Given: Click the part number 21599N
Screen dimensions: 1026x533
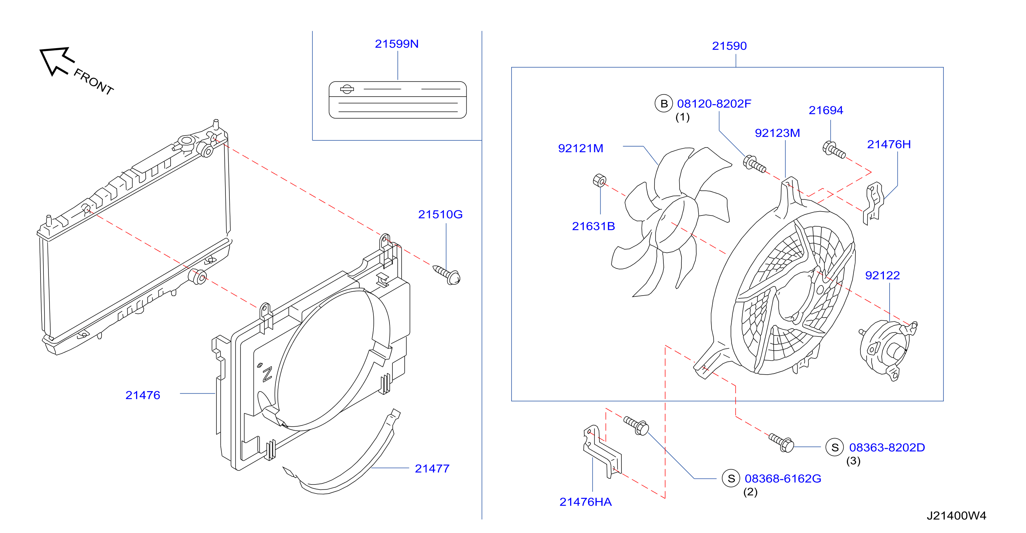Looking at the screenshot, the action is tap(396, 44).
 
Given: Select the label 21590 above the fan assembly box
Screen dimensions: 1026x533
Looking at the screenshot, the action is tap(729, 46).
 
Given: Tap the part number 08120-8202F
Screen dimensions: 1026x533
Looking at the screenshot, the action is tap(714, 103).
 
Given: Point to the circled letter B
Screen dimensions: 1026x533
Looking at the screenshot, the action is tap(663, 103).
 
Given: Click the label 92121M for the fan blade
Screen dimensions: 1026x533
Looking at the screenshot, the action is tap(580, 148).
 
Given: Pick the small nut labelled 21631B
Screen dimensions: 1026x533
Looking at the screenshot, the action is tap(599, 180).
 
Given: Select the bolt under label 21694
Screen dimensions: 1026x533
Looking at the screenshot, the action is tap(834, 150).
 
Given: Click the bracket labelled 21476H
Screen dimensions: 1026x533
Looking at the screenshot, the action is tap(873, 203).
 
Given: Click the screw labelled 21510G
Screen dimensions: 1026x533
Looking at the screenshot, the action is tap(447, 275).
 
